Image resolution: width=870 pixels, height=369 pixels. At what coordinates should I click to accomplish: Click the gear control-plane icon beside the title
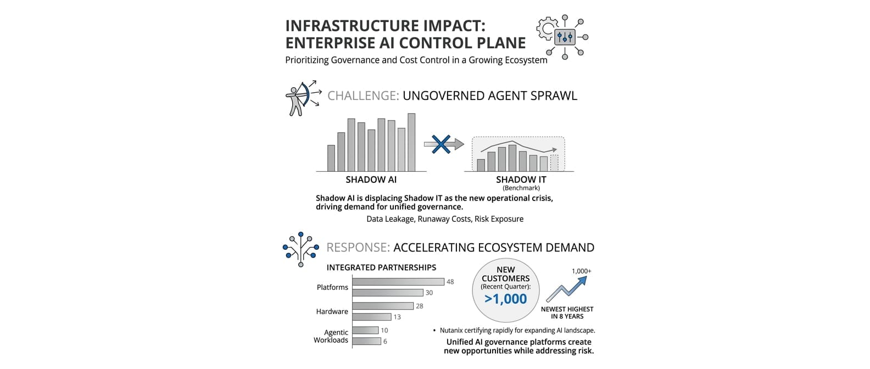pyautogui.click(x=562, y=37)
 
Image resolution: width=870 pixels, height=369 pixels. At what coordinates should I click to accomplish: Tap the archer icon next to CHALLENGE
pyautogui.click(x=303, y=98)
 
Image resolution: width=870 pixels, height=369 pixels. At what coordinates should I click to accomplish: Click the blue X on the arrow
pyautogui.click(x=441, y=144)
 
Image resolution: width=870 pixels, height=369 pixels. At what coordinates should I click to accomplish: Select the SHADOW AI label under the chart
pyautogui.click(x=371, y=180)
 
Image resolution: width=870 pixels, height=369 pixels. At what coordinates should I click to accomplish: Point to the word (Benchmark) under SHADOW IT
pyautogui.click(x=521, y=188)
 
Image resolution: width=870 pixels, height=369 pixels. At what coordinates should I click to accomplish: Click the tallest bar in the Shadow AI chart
pyautogui.click(x=411, y=142)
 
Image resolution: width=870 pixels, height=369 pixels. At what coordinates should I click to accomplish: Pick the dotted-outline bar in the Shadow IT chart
pyautogui.click(x=554, y=163)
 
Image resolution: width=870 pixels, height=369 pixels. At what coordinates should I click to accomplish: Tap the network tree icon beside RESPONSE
pyautogui.click(x=301, y=249)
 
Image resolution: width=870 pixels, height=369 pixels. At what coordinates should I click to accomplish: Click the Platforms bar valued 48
pyautogui.click(x=398, y=282)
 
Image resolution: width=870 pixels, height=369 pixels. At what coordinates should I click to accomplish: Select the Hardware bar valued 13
pyautogui.click(x=372, y=317)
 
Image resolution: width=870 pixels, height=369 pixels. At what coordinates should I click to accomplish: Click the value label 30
pyautogui.click(x=429, y=293)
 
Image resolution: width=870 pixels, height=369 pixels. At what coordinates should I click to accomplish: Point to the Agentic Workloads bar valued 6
pyautogui.click(x=367, y=342)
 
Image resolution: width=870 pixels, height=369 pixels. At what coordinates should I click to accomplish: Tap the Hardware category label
pyautogui.click(x=332, y=311)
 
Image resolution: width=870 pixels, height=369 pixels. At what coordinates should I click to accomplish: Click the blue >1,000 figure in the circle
pyautogui.click(x=506, y=299)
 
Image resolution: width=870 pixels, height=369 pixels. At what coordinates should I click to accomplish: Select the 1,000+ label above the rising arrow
pyautogui.click(x=582, y=271)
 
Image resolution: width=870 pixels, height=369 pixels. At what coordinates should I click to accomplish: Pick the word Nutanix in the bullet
pyautogui.click(x=451, y=331)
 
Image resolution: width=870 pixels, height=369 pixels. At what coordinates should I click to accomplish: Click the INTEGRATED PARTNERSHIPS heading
pyautogui.click(x=381, y=267)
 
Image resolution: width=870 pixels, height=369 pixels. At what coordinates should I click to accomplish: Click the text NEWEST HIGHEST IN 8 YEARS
pyautogui.click(x=567, y=312)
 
